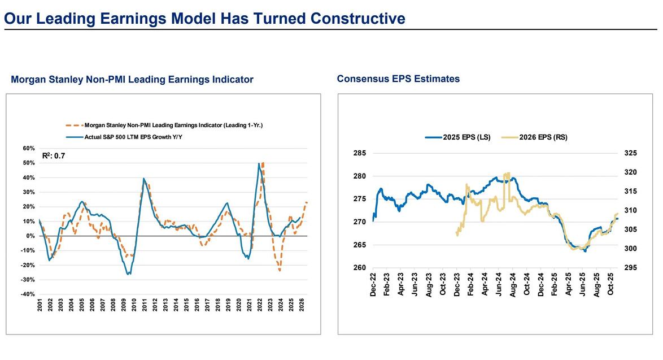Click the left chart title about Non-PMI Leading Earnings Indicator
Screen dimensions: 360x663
[132, 80]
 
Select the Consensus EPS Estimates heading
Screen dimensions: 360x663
[398, 79]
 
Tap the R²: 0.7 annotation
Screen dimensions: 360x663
[54, 155]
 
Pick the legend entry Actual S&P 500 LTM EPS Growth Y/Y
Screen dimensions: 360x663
[133, 137]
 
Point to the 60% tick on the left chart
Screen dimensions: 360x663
[29, 149]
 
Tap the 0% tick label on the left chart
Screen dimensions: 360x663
[30, 236]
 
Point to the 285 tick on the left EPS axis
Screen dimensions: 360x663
[360, 153]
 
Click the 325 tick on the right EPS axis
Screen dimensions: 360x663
[630, 153]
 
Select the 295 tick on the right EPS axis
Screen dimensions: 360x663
[630, 268]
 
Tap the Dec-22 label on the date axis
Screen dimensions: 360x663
[374, 285]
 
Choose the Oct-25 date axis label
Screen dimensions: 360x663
[610, 285]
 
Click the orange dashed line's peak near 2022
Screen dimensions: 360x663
[263, 163]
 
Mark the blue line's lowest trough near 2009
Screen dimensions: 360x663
[129, 274]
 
